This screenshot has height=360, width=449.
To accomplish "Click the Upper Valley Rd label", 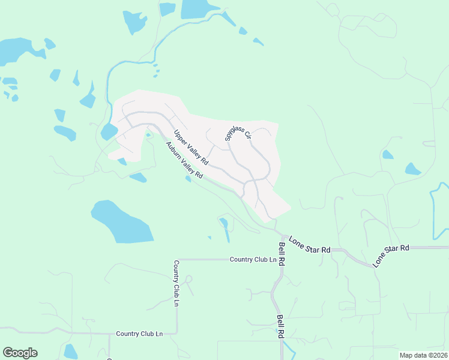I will click(191, 148).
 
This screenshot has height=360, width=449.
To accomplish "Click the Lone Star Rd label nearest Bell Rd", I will click(310, 244).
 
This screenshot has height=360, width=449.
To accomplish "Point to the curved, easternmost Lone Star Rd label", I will click(391, 255).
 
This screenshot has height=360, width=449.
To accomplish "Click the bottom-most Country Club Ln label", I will click(139, 334).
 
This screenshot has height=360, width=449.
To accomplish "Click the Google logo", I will click(20, 353).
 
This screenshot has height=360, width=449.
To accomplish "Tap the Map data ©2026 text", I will click(423, 355).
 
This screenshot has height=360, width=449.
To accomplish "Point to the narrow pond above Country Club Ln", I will click(225, 229).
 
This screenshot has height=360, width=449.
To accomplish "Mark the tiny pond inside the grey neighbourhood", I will click(148, 134).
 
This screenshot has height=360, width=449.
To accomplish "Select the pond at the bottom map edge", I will click(71, 352).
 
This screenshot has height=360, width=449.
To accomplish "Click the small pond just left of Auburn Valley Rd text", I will click(188, 178).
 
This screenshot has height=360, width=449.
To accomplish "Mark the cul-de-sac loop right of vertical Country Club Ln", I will click(188, 279).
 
